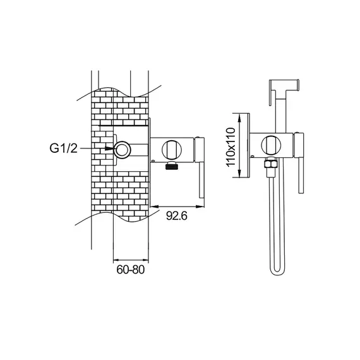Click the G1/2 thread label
click(x=64, y=148)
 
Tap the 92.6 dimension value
click(x=177, y=215)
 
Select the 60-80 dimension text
click(x=130, y=269)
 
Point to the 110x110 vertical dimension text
click(x=231, y=147)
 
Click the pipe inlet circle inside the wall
click(x=123, y=150)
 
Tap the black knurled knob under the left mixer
click(x=172, y=165)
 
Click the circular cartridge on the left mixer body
click(x=172, y=149)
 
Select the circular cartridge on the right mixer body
click(x=271, y=145)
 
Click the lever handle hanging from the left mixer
click(x=201, y=180)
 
